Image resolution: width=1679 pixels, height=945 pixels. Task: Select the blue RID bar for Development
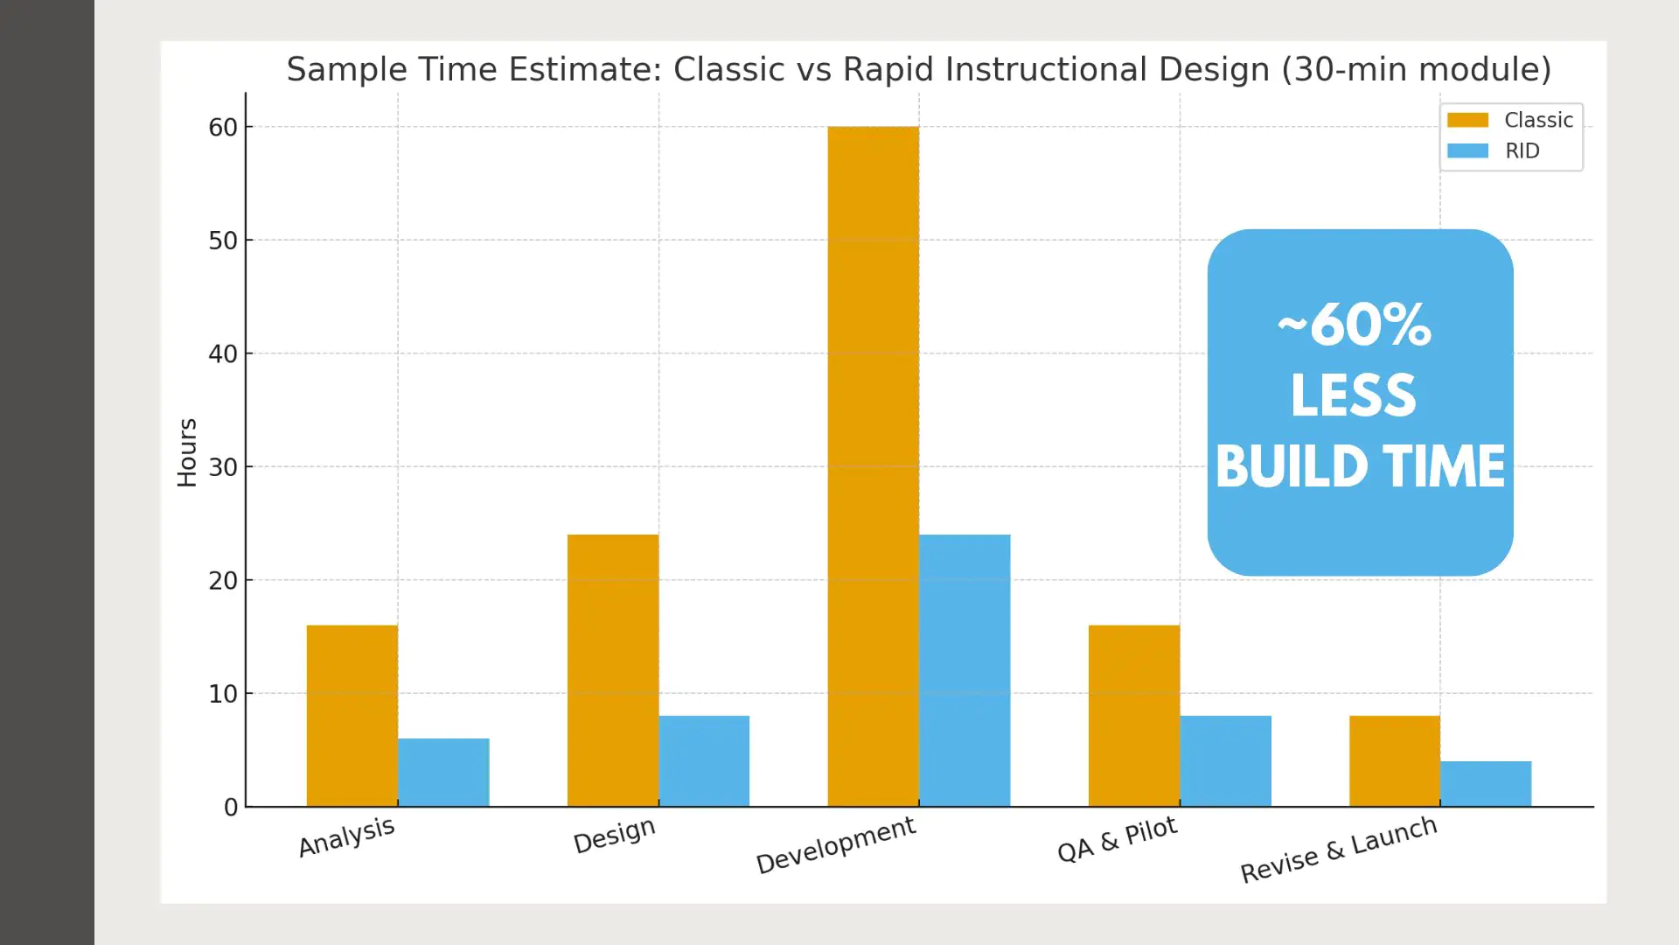(x=965, y=670)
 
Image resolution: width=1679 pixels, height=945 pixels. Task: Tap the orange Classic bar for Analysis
(x=352, y=716)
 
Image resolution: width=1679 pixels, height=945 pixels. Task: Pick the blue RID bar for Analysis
(x=443, y=773)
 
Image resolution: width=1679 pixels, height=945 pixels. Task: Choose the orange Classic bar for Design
(x=612, y=670)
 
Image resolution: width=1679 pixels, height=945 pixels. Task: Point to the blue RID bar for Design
(x=704, y=761)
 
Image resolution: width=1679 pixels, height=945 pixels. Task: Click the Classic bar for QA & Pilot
(x=1133, y=716)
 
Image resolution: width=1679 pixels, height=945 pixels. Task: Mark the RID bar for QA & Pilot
(x=1225, y=761)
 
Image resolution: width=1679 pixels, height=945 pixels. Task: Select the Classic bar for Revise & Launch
(x=1394, y=761)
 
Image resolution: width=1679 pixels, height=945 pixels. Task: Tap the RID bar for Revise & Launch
(x=1486, y=784)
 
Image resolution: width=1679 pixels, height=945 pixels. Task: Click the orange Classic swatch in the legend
(x=1467, y=120)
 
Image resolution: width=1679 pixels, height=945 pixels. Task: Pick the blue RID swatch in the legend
(x=1467, y=150)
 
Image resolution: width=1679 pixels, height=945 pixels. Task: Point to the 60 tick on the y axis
(x=223, y=128)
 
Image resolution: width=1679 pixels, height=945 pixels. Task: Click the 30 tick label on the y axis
(x=223, y=467)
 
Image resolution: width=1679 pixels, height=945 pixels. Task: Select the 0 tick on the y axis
(x=231, y=808)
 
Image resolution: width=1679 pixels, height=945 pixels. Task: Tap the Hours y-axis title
(x=187, y=452)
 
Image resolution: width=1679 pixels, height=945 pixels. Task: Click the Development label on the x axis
(x=835, y=844)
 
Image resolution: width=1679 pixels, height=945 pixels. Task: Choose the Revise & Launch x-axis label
(x=1338, y=849)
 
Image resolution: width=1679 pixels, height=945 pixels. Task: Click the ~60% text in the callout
(x=1354, y=326)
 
